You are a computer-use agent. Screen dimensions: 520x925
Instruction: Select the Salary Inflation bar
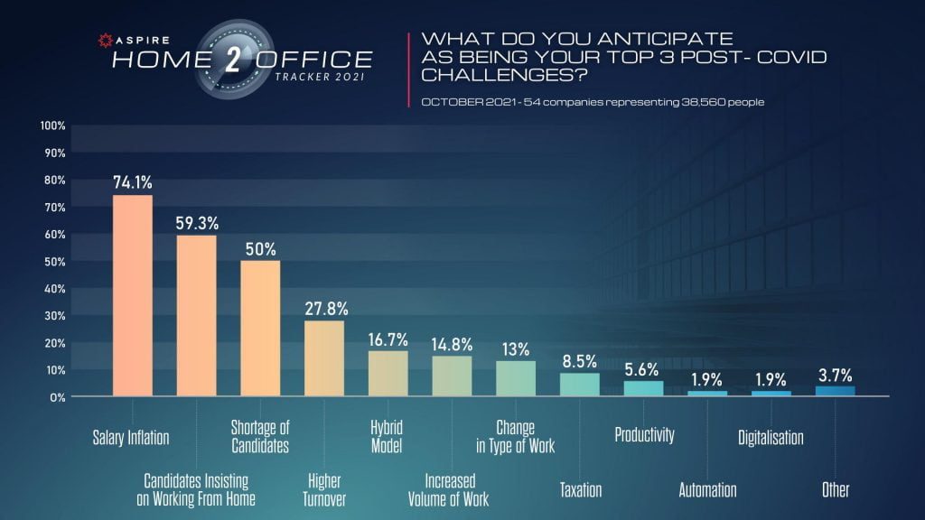coord(132,295)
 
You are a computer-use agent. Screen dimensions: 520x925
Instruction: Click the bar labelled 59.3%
coord(196,315)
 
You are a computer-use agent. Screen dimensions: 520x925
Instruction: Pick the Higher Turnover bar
coord(323,358)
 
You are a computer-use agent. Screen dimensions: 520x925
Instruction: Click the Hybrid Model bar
coord(388,373)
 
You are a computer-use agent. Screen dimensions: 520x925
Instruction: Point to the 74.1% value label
coord(132,181)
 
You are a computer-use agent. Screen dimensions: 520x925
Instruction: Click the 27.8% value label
coord(324,308)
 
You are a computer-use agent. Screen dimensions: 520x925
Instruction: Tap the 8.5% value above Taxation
coord(580,361)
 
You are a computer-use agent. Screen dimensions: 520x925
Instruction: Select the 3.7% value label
coord(836,375)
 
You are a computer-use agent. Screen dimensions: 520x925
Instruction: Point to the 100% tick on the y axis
coord(53,125)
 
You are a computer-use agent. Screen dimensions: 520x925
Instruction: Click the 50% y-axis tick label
coord(55,261)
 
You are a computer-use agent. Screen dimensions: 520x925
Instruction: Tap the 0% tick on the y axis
coord(57,396)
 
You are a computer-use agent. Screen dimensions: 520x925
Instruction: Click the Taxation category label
coord(580,490)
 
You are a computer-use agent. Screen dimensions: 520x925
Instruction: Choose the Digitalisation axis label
coord(771,438)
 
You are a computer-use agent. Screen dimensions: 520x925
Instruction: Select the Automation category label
coord(707,490)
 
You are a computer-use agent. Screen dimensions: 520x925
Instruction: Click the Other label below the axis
coord(836,490)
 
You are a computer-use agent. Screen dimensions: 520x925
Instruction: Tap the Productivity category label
coord(644,435)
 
